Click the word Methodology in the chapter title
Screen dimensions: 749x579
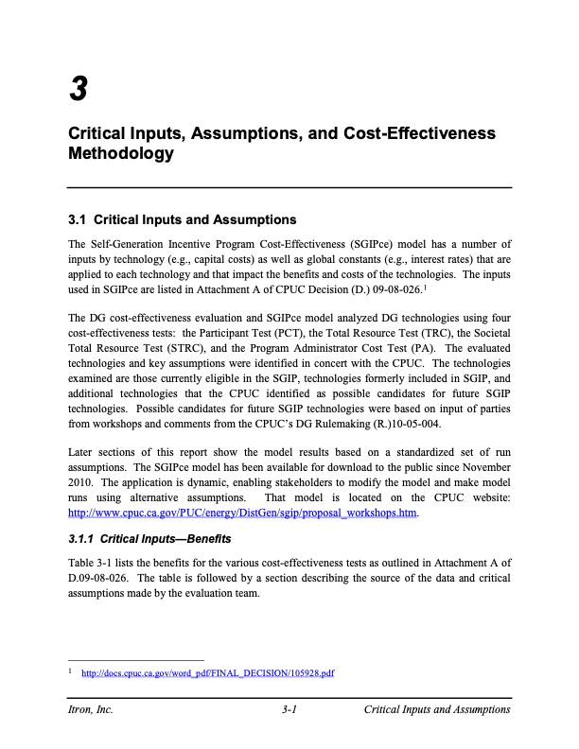pos(120,153)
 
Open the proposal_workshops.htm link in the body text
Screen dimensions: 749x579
pos(243,514)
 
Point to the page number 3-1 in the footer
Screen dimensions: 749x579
pos(290,709)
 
